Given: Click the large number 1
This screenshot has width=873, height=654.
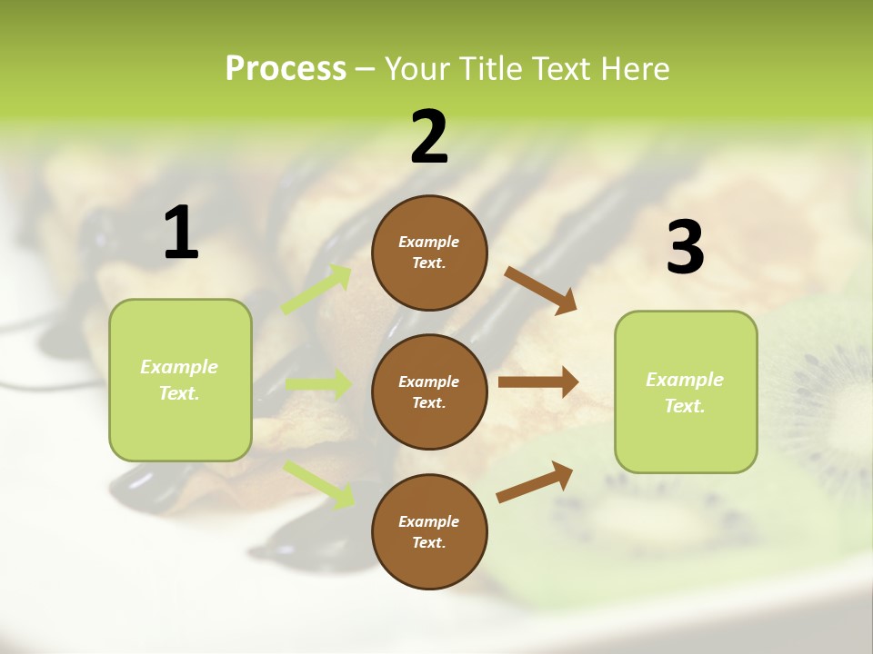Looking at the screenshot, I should click(x=181, y=233).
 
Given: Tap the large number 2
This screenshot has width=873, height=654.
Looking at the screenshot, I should click(x=429, y=136).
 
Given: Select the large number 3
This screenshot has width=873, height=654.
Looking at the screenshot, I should click(x=685, y=248).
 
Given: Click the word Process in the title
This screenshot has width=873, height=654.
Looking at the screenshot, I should click(x=286, y=68).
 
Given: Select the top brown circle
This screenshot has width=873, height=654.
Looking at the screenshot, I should click(x=429, y=253).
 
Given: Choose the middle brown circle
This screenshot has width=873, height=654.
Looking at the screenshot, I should click(x=429, y=391).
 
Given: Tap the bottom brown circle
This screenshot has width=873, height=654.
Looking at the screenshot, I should click(x=429, y=531).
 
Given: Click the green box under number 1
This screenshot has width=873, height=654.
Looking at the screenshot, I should click(x=180, y=380).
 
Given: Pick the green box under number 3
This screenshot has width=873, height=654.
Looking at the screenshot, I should click(x=686, y=391).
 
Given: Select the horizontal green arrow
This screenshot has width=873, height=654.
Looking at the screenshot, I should click(x=319, y=384).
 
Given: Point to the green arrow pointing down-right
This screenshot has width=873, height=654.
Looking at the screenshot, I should click(x=319, y=483).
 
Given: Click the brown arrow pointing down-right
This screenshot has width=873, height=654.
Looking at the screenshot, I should click(x=541, y=290).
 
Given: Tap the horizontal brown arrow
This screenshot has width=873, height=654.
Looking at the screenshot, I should click(x=538, y=382).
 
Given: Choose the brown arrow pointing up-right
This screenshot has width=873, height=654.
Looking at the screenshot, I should click(x=535, y=481).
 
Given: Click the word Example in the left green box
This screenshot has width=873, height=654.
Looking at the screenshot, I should click(x=179, y=367).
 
